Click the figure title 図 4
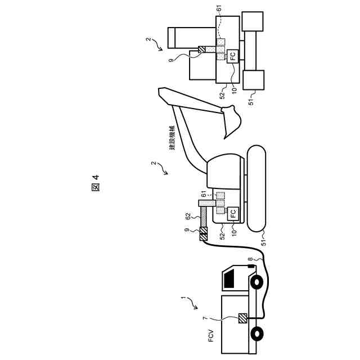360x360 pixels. pyautogui.click(x=95, y=183)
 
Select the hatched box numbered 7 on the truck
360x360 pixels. pyautogui.click(x=243, y=318)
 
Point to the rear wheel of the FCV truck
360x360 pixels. pyautogui.click(x=257, y=333)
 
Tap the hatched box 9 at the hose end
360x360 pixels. pyautogui.click(x=204, y=233)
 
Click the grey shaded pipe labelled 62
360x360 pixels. pyautogui.click(x=204, y=216)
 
